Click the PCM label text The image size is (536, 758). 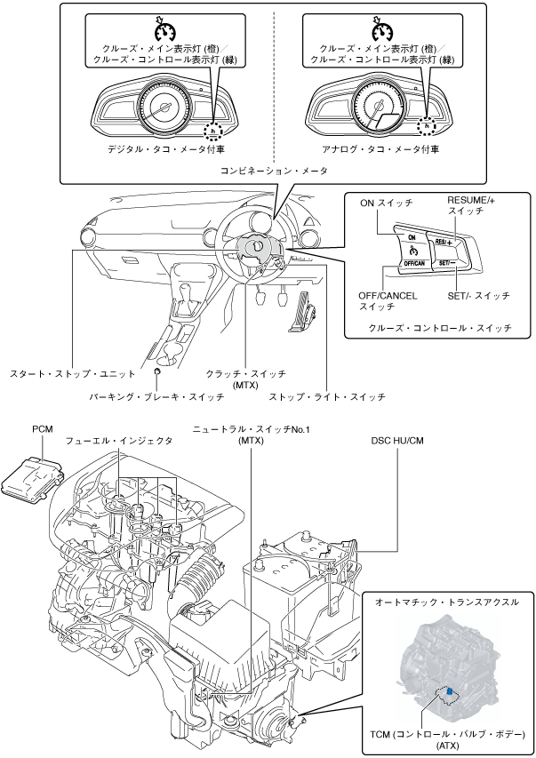click(43, 429)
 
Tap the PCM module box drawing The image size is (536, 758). click(32, 477)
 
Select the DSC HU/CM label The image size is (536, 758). click(396, 441)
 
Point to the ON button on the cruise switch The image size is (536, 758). click(412, 237)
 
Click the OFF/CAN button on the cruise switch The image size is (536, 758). click(412, 263)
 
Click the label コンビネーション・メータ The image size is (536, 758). click(274, 171)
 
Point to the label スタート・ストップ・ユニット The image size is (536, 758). click(73, 374)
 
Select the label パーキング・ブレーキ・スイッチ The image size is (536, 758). click(156, 397)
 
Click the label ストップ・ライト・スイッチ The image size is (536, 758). click(327, 397)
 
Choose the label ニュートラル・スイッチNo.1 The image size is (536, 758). click(251, 429)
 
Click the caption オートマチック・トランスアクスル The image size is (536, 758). click(447, 602)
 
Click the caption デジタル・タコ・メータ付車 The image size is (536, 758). click(166, 149)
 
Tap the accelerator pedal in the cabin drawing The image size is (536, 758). click(302, 312)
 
